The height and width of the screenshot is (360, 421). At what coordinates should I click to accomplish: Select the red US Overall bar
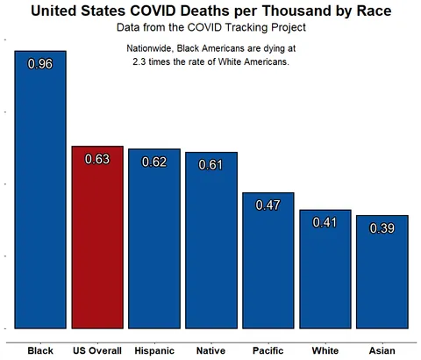(97, 246)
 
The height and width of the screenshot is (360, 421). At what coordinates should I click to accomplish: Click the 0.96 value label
(40, 64)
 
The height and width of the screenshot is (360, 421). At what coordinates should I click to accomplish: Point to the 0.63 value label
(97, 159)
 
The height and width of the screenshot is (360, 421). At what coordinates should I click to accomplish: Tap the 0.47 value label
(268, 205)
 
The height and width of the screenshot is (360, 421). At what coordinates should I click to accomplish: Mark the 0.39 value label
(382, 227)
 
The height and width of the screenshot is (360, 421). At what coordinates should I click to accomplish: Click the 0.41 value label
(325, 222)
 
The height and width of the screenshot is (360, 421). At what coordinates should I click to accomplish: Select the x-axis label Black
(40, 350)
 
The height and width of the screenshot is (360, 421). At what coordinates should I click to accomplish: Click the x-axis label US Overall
(97, 350)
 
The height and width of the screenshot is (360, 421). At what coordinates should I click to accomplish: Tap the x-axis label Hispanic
(154, 350)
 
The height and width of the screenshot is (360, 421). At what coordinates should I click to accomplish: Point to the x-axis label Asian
(382, 350)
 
